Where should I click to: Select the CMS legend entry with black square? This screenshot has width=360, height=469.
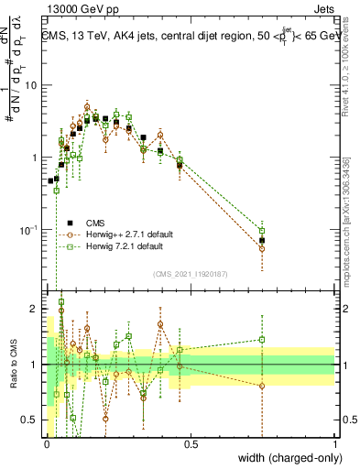[95, 222]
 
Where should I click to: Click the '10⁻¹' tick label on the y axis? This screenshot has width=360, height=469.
[28, 229]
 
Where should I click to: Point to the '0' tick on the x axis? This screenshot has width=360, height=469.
[47, 443]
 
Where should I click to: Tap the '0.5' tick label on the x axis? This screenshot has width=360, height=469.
[191, 443]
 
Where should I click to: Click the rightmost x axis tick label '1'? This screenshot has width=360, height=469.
[334, 443]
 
